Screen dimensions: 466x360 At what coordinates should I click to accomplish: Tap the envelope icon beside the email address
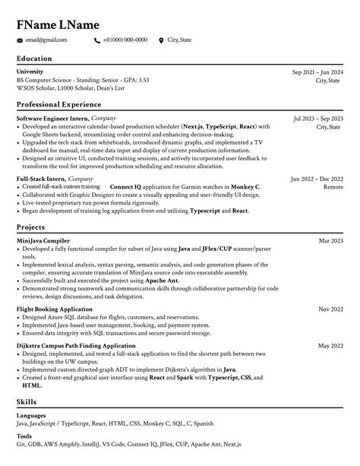click(20, 40)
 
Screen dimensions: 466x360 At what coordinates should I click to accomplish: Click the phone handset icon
click(96, 40)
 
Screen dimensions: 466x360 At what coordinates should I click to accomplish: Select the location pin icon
click(161, 40)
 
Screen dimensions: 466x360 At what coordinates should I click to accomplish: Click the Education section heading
click(34, 59)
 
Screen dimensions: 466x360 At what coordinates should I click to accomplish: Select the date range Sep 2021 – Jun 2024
click(317, 72)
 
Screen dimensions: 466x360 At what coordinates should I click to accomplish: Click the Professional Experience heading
click(58, 104)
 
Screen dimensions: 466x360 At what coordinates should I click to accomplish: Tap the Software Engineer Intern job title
click(52, 119)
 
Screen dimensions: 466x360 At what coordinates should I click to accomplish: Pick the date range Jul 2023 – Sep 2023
click(318, 119)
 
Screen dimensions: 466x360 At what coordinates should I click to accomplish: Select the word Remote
click(333, 186)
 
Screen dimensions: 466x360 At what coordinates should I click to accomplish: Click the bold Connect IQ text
click(127, 186)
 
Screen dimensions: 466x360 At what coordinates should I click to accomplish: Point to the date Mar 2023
click(330, 241)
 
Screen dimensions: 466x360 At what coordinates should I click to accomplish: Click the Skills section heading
click(27, 401)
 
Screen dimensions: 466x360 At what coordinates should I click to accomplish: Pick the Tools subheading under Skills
click(24, 437)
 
